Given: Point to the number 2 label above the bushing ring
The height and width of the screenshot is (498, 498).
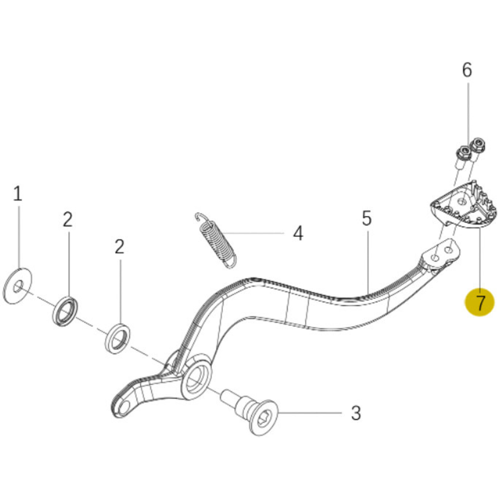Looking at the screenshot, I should point(119,247).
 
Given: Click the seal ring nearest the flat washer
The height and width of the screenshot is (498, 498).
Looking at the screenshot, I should point(65,311).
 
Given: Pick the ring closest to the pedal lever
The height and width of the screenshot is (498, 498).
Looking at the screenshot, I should point(118,338).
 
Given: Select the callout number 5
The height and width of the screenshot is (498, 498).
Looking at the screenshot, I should point(366,218).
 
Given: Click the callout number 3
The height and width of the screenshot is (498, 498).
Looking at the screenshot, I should point(356,413).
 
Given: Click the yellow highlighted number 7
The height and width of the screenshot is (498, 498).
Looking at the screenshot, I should point(479,302).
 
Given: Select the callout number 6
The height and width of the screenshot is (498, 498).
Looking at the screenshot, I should point(467,70).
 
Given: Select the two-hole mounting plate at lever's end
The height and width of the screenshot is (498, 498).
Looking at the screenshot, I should point(442,254).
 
